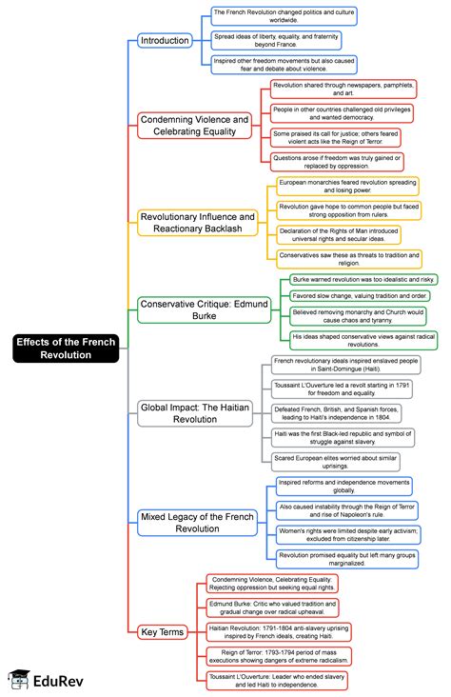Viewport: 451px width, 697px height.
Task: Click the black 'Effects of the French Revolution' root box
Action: [66, 348]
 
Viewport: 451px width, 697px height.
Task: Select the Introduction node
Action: [165, 40]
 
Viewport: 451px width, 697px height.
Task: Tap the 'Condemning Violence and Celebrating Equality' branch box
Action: [195, 126]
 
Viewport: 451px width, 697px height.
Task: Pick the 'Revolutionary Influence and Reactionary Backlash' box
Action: [198, 223]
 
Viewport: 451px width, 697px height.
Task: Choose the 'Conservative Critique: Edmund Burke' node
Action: [205, 309]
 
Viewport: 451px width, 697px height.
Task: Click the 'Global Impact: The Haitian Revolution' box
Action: [195, 413]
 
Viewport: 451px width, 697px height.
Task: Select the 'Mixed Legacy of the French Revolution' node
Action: [197, 523]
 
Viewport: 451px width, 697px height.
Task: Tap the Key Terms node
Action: [162, 632]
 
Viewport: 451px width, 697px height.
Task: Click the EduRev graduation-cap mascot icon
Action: [19, 680]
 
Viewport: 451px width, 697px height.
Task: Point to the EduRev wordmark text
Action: [58, 681]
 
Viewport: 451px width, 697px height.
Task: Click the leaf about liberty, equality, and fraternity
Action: [276, 40]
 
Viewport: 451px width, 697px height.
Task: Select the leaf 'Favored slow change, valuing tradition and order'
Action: [360, 295]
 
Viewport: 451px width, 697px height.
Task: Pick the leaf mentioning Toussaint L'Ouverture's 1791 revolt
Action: [342, 388]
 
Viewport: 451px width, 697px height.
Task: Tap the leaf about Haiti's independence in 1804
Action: [337, 413]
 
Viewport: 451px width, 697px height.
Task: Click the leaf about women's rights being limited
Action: [348, 535]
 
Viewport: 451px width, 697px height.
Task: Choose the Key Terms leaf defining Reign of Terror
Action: [279, 656]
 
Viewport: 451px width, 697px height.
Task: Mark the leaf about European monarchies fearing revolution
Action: [347, 187]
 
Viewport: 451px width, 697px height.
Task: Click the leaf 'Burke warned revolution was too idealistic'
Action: [363, 280]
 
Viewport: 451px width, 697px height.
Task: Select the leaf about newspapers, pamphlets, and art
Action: [343, 89]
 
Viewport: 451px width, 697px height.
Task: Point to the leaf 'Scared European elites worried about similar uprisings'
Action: [336, 462]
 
